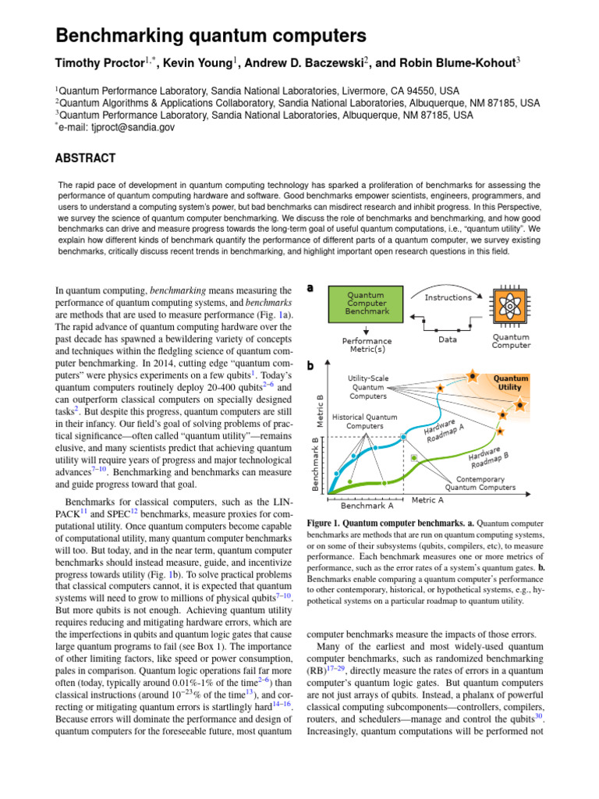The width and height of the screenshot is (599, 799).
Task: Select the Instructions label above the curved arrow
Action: [448, 297]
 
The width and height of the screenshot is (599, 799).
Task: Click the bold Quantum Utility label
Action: [510, 382]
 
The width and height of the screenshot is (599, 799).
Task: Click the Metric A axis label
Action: [427, 500]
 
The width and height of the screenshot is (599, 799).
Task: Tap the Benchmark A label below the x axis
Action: [367, 506]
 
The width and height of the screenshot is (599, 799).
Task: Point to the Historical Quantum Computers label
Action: [365, 421]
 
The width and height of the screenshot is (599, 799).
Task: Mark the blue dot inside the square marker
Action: [403, 437]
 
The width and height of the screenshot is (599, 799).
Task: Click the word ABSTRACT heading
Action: [85, 158]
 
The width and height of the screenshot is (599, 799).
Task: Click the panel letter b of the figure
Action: [310, 365]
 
